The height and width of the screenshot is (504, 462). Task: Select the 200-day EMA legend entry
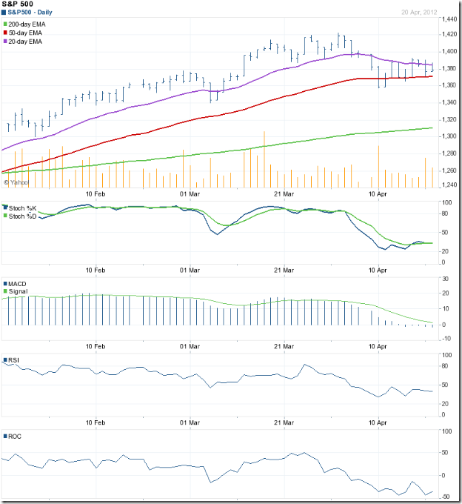tap(30, 25)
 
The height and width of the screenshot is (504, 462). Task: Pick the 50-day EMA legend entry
tap(28, 33)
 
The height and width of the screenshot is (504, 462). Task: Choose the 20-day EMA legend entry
tap(28, 42)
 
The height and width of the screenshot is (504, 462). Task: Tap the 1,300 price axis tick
tap(447, 136)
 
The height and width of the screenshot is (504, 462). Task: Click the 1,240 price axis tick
tap(447, 185)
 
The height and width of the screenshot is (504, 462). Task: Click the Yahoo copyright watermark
tap(16, 181)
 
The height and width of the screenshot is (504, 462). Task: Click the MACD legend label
tap(18, 283)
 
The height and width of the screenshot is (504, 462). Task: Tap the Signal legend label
tap(19, 291)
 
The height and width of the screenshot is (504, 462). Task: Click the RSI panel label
tap(14, 360)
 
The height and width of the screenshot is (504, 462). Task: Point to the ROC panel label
tap(15, 437)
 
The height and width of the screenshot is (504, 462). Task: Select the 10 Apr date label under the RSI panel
tap(378, 422)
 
